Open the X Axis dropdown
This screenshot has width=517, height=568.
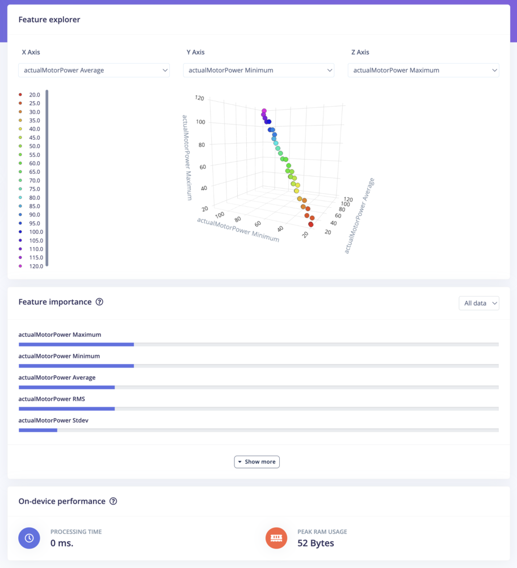pyautogui.click(x=94, y=70)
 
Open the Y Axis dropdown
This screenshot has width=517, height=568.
pyautogui.click(x=258, y=70)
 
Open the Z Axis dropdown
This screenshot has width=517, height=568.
pyautogui.click(x=423, y=70)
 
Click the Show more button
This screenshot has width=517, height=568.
pyautogui.click(x=257, y=462)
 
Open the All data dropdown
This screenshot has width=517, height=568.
pyautogui.click(x=478, y=303)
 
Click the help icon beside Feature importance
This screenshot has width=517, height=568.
pyautogui.click(x=99, y=302)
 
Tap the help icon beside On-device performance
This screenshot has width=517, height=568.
pyautogui.click(x=113, y=502)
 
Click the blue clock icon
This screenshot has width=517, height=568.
pyautogui.click(x=29, y=538)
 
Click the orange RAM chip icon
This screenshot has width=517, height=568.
pyautogui.click(x=276, y=538)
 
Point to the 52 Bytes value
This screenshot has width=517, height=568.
pyautogui.click(x=316, y=543)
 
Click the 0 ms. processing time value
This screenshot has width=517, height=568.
pyautogui.click(x=62, y=543)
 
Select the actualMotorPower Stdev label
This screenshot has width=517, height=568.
pyautogui.click(x=53, y=420)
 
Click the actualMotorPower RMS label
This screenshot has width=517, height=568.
pyautogui.click(x=52, y=399)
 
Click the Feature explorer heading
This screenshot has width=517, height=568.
pyautogui.click(x=49, y=20)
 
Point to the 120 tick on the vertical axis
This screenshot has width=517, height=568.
pyautogui.click(x=199, y=98)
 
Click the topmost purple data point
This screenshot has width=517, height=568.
pyautogui.click(x=264, y=111)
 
